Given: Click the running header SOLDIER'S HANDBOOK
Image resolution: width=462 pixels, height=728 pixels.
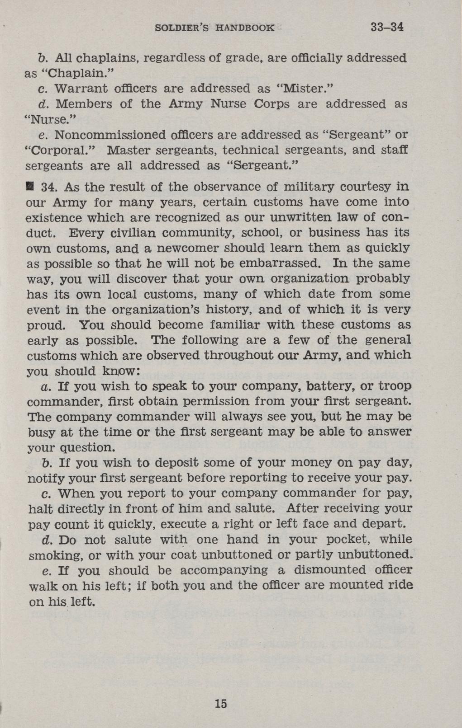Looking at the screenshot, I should (214, 28).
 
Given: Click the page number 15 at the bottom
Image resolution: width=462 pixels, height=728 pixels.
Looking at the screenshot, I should (221, 704).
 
